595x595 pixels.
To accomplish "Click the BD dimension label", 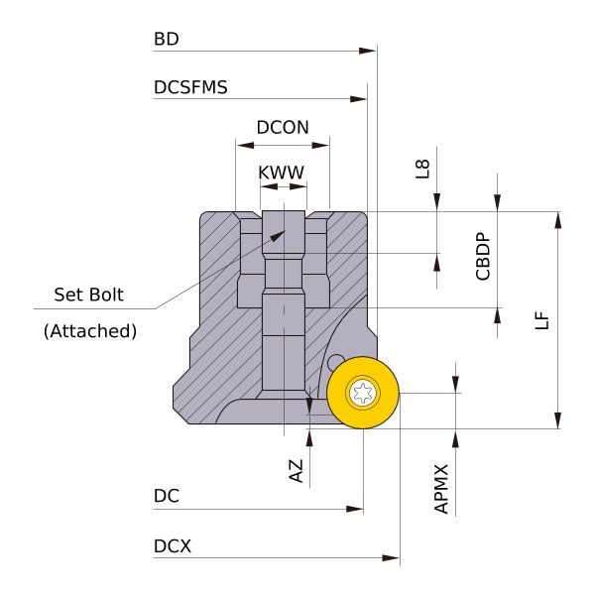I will pyautogui.click(x=166, y=41).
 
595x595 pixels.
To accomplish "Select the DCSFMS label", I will pyautogui.click(x=190, y=87).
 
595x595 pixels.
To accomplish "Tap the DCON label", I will pyautogui.click(x=283, y=128).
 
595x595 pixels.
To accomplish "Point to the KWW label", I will pyautogui.click(x=281, y=173).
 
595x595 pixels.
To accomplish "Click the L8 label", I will pyautogui.click(x=423, y=169).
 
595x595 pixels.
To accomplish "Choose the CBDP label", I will pyautogui.click(x=483, y=257).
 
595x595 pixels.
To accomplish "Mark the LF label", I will pyautogui.click(x=541, y=319).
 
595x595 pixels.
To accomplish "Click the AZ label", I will pyautogui.click(x=297, y=470).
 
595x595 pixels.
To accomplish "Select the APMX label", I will pyautogui.click(x=442, y=488).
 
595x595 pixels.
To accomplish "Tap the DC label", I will pyautogui.click(x=166, y=495).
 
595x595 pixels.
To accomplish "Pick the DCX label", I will pyautogui.click(x=173, y=547).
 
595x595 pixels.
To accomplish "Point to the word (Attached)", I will pyautogui.click(x=90, y=331).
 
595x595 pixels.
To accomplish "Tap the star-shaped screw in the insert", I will pyautogui.click(x=363, y=393).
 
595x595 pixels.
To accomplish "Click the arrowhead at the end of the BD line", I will pyautogui.click(x=370, y=50).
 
